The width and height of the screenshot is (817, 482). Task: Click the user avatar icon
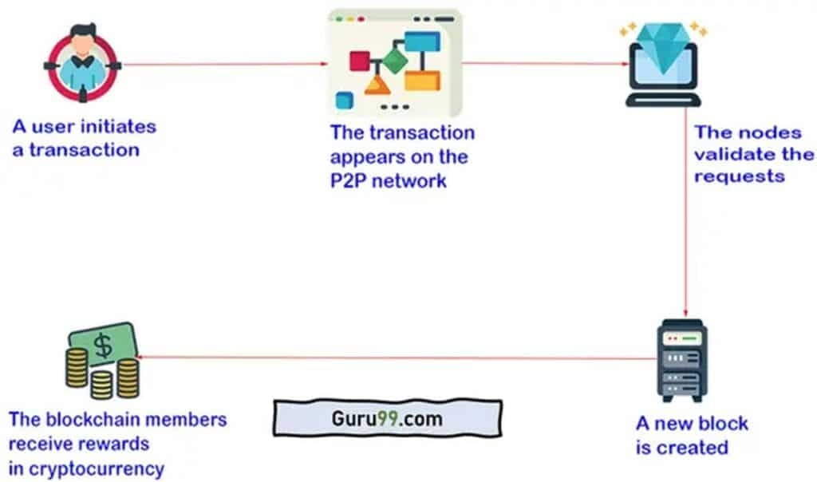click(x=82, y=63)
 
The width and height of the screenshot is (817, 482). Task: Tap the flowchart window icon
click(x=394, y=64)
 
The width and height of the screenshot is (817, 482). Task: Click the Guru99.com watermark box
click(x=387, y=417)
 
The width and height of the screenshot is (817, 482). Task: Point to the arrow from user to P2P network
click(x=223, y=64)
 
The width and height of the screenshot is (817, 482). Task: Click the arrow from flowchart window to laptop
click(x=543, y=64)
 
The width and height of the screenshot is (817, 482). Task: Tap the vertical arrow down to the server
click(x=685, y=215)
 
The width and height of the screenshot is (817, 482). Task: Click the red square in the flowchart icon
click(x=361, y=61)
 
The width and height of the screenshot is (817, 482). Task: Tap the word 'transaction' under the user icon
click(x=85, y=149)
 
